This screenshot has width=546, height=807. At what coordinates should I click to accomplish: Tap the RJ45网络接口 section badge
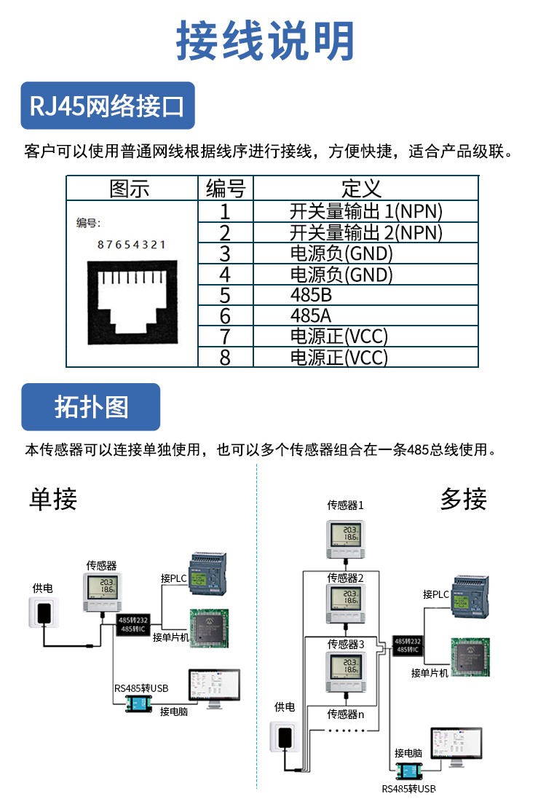[x=107, y=106]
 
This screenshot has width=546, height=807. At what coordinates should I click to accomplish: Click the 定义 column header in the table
[x=361, y=189]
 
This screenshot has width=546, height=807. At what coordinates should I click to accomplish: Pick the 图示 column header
[x=130, y=189]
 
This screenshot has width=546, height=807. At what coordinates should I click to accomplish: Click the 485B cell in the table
[x=306, y=296]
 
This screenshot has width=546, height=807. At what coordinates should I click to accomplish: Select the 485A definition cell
[x=306, y=316]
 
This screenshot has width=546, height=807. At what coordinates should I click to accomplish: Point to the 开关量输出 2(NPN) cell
[x=365, y=233]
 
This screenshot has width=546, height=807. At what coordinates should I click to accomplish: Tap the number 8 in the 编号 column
[x=225, y=358]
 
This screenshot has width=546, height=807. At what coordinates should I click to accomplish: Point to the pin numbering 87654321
[x=132, y=245]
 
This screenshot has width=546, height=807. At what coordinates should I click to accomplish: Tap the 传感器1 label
[x=345, y=505]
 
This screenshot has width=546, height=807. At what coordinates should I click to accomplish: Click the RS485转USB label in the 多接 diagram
[x=408, y=789]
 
